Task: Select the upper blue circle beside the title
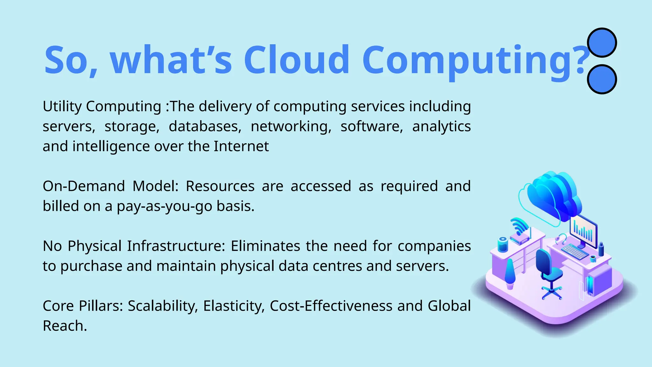pos(602,43)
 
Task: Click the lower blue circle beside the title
pos(602,79)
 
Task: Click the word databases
pos(205,126)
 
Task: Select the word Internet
pos(241,147)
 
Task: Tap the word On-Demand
pos(83,186)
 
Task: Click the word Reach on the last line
pos(65,326)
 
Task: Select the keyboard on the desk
pos(575,252)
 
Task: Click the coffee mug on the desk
pos(593,258)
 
